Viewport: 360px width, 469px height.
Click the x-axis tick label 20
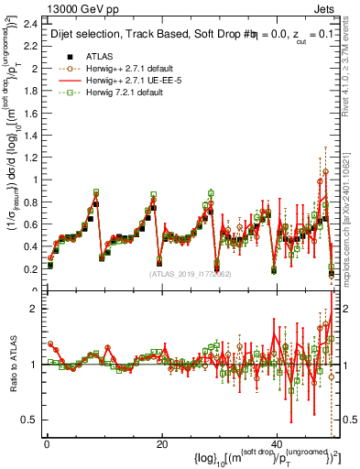click(x=161, y=443)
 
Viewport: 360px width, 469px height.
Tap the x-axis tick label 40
click(x=277, y=443)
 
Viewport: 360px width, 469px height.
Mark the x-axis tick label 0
click(x=46, y=443)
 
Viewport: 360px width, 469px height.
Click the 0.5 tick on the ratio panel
click(x=29, y=420)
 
